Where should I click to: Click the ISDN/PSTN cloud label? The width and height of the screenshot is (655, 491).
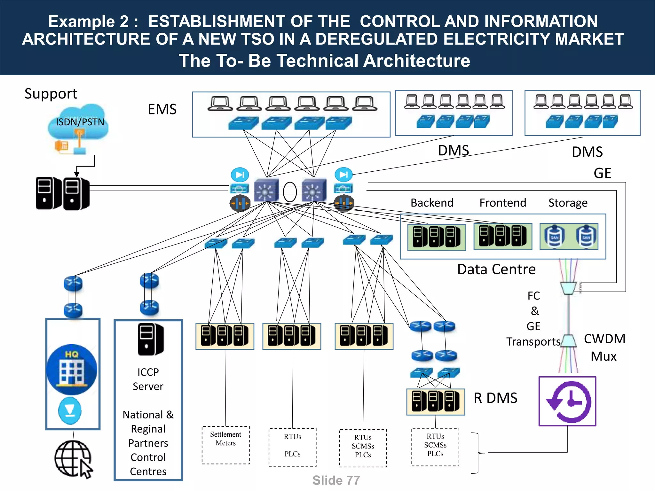[x=80, y=122]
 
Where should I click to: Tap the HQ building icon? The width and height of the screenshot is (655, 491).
[x=72, y=370]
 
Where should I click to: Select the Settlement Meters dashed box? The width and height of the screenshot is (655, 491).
[x=225, y=445]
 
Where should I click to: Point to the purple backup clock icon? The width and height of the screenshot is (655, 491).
[x=567, y=401]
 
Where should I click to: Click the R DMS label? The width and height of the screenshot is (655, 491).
[x=495, y=398]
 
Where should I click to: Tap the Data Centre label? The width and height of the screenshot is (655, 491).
[x=496, y=269]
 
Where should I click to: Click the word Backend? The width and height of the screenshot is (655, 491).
[x=432, y=203]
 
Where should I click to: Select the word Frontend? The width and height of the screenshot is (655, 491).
[x=502, y=203]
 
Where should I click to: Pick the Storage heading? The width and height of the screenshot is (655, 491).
[x=568, y=203]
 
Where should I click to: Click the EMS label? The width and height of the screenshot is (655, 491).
[x=162, y=109]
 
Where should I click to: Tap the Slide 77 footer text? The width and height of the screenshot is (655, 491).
[x=336, y=480]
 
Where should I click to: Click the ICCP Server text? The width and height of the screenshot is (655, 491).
[x=148, y=379]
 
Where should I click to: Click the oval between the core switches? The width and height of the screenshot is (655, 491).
[x=290, y=192]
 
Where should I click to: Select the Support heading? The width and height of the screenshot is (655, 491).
[x=51, y=94]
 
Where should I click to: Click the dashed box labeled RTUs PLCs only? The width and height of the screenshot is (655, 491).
[x=292, y=447]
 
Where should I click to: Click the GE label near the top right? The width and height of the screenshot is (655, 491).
[x=602, y=173]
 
